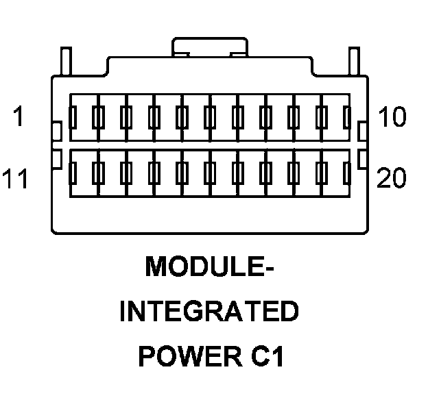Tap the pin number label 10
pos(392,118)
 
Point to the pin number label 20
pos(392,179)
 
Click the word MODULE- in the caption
pos(209,267)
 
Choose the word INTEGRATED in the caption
pos(209,312)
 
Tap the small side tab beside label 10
pos(364,130)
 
